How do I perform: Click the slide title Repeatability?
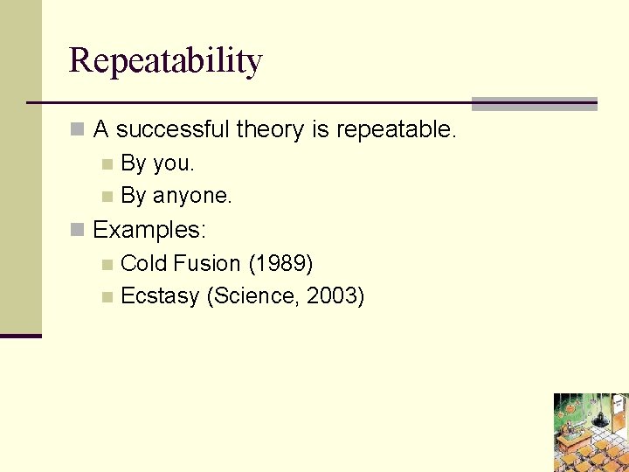click(x=165, y=61)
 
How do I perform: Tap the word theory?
click(x=271, y=130)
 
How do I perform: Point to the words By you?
click(x=157, y=163)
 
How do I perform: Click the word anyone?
click(x=192, y=197)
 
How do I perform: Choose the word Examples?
click(x=149, y=230)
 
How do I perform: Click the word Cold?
click(x=143, y=263)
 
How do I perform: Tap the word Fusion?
click(x=207, y=263)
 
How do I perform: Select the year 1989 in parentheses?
click(x=281, y=263)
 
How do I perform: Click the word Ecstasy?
click(x=160, y=296)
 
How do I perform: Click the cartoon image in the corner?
click(x=591, y=432)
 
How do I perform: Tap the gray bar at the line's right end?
click(x=534, y=104)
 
